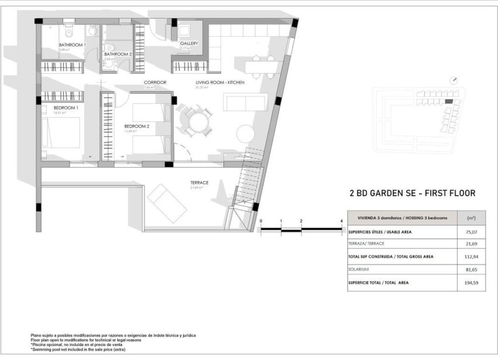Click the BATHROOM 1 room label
tap(72, 45)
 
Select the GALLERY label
tap(189, 43)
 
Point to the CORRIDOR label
tap(155, 82)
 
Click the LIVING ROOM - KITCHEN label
tap(219, 83)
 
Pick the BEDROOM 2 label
tap(137, 126)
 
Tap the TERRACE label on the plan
tap(199, 182)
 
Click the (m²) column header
tap(470, 218)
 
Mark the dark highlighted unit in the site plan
tap(448, 101)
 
